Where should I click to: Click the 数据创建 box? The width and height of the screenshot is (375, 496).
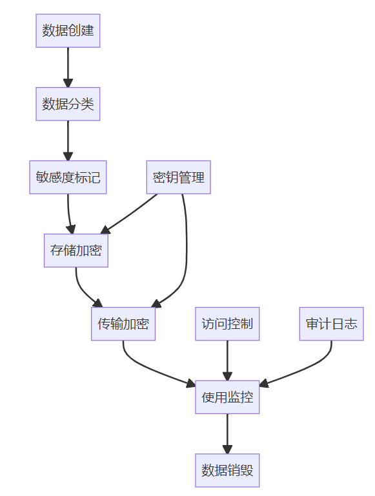(68, 31)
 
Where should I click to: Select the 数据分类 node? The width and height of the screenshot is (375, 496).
(68, 104)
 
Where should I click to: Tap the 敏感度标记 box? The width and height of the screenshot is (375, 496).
(68, 177)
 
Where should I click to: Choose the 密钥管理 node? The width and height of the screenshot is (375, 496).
(179, 177)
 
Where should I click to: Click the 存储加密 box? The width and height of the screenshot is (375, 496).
(76, 250)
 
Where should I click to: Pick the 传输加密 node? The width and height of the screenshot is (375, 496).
(123, 324)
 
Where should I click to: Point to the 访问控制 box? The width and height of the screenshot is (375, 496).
(227, 324)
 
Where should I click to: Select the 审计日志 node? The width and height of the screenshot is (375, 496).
(331, 324)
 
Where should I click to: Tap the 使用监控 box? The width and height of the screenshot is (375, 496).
(227, 397)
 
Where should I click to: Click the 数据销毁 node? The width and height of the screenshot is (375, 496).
(227, 470)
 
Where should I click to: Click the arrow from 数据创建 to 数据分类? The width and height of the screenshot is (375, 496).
(68, 67)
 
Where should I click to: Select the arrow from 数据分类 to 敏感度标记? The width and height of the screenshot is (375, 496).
(68, 141)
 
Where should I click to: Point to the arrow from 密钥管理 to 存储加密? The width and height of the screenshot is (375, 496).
(128, 214)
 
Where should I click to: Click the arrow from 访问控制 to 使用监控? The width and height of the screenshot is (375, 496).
(227, 361)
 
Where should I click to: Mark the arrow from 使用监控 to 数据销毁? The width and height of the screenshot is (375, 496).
(227, 433)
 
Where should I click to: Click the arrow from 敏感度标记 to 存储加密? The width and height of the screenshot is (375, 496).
(68, 214)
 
